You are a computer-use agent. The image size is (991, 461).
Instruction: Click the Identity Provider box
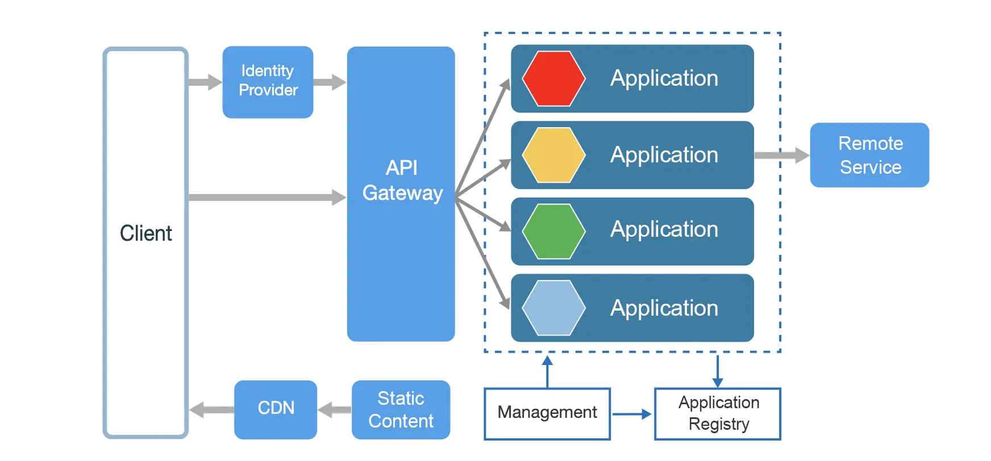[268, 82]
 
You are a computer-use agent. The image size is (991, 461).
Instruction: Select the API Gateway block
[401, 193]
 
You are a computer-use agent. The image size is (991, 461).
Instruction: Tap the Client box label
[146, 233]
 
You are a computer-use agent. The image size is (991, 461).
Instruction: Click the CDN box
[276, 409]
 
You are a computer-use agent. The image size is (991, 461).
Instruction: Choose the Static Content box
[401, 409]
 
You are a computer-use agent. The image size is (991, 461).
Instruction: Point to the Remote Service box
[869, 155]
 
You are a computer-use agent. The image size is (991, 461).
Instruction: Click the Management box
[547, 413]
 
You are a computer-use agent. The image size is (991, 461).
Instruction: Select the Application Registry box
[718, 413]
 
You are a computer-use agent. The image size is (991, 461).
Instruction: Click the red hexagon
[553, 79]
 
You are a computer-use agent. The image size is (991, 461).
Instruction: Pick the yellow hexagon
[553, 155]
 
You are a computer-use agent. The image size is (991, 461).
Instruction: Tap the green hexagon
[553, 232]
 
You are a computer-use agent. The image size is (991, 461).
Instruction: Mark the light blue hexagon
[553, 308]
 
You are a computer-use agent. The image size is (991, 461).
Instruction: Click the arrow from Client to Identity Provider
[205, 82]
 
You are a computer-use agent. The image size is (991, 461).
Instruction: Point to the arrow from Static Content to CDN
[335, 410]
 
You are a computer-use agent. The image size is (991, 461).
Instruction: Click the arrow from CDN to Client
[211, 410]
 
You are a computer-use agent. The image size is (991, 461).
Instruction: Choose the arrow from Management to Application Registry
[631, 414]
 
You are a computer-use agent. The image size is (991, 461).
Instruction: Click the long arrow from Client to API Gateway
[267, 198]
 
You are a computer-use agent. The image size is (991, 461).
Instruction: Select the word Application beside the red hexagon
[664, 78]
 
